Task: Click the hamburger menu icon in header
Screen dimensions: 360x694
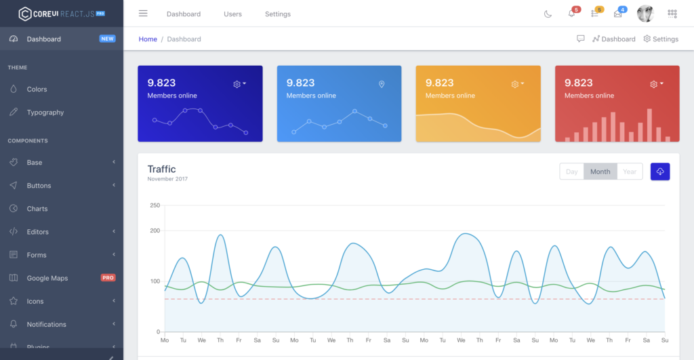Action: point(143,14)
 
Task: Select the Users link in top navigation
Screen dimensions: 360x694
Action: point(232,14)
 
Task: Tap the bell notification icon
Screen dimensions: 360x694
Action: point(571,14)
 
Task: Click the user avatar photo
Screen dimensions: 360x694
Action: point(645,14)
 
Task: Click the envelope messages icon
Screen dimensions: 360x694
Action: point(618,14)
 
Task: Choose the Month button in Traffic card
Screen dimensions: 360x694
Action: point(600,172)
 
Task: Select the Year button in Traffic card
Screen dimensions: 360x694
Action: point(630,172)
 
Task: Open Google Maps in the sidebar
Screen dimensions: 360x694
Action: point(47,278)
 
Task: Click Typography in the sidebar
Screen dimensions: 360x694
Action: point(45,113)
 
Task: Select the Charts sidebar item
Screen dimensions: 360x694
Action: point(37,209)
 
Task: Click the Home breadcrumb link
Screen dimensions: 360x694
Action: point(148,39)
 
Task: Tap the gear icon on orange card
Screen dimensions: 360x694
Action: point(515,84)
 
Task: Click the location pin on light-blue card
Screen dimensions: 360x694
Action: point(382,84)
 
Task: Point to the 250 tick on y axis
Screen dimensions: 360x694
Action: point(155,205)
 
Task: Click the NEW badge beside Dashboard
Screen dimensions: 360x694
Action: point(107,39)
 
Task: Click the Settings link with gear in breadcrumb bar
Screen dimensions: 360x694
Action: point(661,39)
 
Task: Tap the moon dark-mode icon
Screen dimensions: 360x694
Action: point(548,14)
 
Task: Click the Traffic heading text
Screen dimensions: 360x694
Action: point(161,169)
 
